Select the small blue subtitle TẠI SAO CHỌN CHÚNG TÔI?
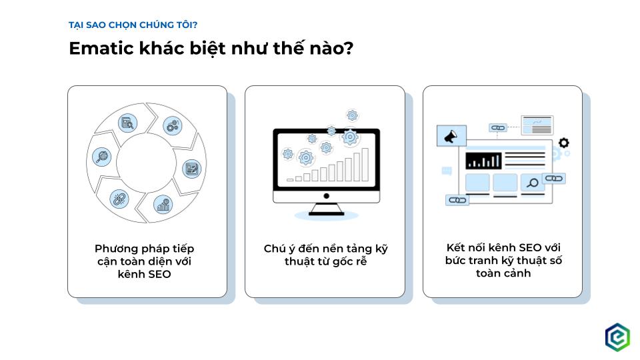133,25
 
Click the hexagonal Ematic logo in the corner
617,337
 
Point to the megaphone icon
451,137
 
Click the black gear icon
564,143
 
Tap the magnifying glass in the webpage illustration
533,183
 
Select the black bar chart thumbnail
483,160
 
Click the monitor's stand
327,208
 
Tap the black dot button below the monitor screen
327,196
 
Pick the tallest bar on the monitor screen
365,164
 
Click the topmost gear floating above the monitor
352,115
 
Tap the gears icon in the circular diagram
172,125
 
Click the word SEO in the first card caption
157,274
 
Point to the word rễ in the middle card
360,261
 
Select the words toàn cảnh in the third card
503,273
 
